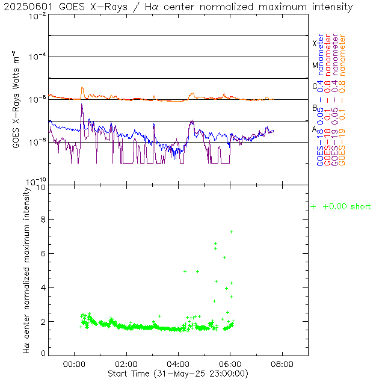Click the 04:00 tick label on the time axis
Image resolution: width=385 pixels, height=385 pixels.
pos(178,364)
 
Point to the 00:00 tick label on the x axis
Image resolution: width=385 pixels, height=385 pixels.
pos(74,364)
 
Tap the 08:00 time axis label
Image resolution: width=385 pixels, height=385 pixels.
pos(282,364)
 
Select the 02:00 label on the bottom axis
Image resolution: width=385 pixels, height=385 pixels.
pos(126,364)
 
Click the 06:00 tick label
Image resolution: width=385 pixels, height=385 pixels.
pos(230,364)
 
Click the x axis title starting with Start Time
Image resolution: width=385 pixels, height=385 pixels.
pos(178,374)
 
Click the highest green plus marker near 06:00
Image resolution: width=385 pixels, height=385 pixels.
pos(231,232)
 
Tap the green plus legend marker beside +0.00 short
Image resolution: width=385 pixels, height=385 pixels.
pos(313,207)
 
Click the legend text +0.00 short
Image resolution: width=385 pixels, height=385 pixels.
pos(347,207)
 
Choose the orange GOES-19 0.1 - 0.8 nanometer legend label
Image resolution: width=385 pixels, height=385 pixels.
pos(342,100)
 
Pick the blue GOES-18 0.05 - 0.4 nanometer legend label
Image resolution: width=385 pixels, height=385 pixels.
pos(320,100)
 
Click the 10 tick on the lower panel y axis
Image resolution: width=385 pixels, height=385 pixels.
pos(42,187)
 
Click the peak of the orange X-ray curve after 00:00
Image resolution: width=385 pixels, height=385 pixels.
pos(82,87)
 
